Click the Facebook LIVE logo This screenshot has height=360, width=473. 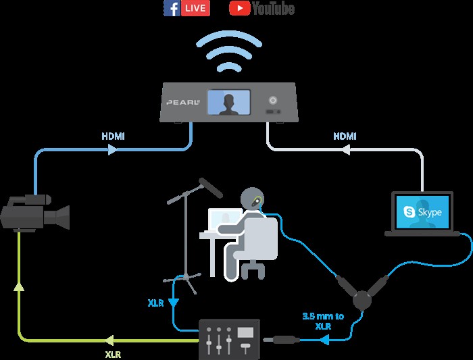tap(187, 8)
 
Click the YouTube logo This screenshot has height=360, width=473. tap(262, 8)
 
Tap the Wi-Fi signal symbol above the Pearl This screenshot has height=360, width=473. tap(229, 53)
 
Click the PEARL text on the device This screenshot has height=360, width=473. tap(182, 103)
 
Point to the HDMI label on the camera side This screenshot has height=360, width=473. tap(113, 136)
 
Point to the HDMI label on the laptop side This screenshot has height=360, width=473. tap(345, 136)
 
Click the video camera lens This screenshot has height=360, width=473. tap(62, 216)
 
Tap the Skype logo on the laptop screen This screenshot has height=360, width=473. tap(422, 212)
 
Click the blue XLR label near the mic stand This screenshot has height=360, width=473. tap(155, 303)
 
